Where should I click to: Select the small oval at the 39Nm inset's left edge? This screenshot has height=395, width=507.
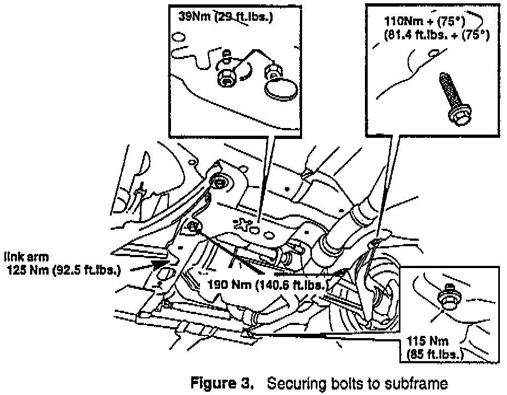coord(178,38)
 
